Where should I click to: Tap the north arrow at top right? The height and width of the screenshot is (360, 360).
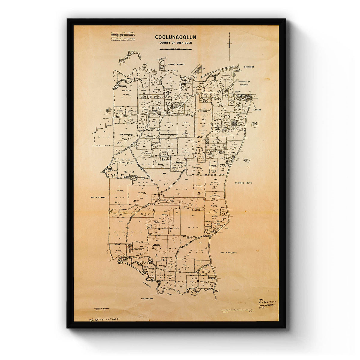pyautogui.click(x=229, y=46)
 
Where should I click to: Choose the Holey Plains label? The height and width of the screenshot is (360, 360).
pyautogui.click(x=97, y=197)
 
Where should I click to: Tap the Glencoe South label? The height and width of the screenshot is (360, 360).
pyautogui.click(x=243, y=183)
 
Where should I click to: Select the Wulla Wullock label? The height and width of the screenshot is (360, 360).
pyautogui.click(x=228, y=253)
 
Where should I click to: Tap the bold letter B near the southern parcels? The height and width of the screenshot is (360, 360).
pyautogui.click(x=164, y=260)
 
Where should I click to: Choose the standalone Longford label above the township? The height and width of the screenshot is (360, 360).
pyautogui.click(x=249, y=67)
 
